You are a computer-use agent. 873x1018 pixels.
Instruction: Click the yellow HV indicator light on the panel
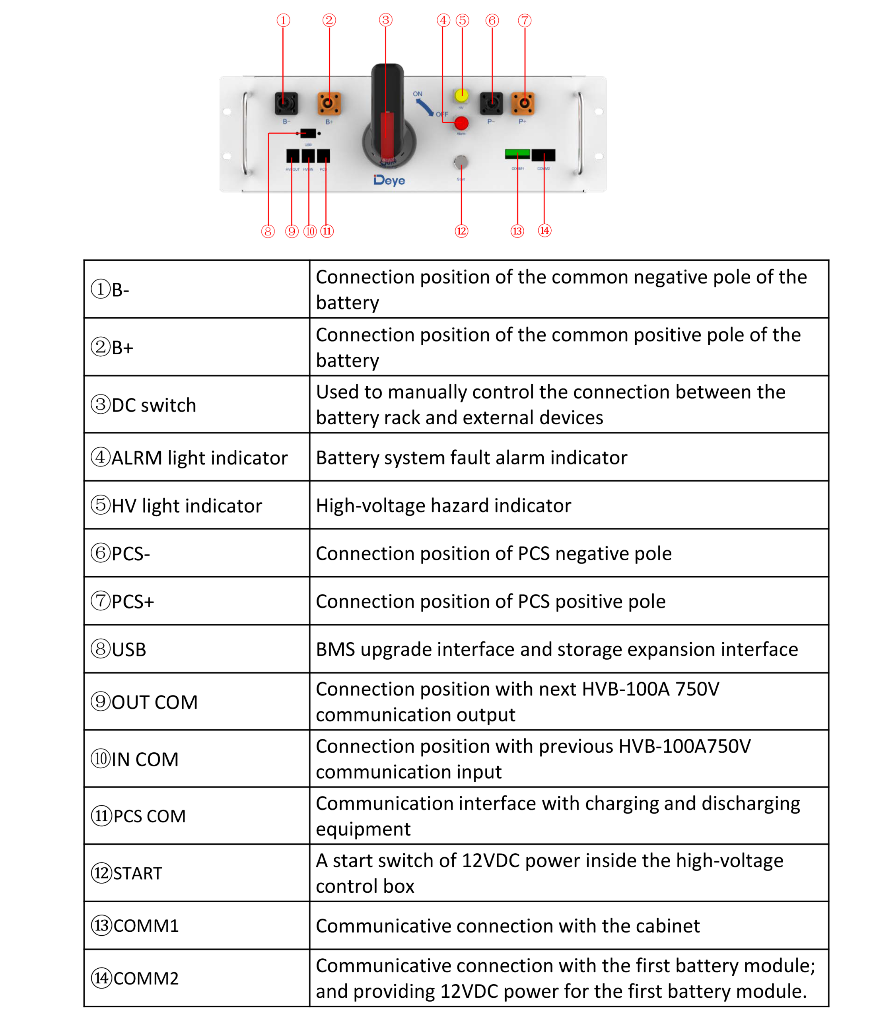[x=461, y=95]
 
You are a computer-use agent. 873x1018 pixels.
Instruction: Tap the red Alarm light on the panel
[x=461, y=123]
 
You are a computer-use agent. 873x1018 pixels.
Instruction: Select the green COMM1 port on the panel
[x=517, y=154]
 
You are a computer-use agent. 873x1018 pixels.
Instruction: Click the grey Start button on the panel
[x=461, y=161]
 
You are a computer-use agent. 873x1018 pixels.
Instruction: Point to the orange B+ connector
[x=329, y=103]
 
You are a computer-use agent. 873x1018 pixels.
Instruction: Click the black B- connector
[x=286, y=103]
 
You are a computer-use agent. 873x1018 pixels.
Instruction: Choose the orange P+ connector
[x=523, y=103]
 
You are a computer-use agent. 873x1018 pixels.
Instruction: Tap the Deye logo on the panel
[x=389, y=180]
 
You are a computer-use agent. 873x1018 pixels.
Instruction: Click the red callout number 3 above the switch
[x=386, y=20]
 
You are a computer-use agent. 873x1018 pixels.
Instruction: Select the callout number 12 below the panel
[x=461, y=231]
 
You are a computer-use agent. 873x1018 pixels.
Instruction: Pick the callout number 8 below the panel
[x=268, y=231]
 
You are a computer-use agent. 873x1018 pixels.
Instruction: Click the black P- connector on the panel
[x=491, y=103]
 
